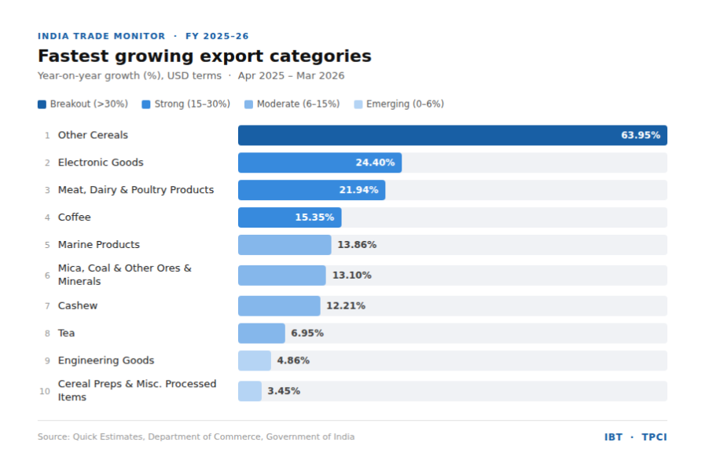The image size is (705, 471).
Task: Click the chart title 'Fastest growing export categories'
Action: [204, 57]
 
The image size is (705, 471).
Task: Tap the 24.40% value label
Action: [375, 162]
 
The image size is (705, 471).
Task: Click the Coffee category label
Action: [74, 217]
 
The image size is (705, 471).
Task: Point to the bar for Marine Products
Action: [285, 245]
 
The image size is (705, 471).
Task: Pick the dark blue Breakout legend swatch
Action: [42, 104]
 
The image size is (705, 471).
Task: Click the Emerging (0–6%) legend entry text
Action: [405, 104]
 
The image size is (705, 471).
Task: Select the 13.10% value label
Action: [351, 276]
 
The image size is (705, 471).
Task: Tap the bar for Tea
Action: [261, 334]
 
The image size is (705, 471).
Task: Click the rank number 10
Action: [45, 391]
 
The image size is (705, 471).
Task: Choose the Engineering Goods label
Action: [106, 361]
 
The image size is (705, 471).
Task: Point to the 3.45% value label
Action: [284, 391]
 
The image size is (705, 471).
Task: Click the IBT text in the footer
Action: [613, 437]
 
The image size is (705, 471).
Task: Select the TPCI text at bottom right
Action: [654, 437]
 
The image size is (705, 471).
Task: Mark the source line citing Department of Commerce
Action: [196, 437]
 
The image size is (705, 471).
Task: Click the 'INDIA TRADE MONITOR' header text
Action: [101, 36]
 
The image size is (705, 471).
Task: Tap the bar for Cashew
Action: [279, 306]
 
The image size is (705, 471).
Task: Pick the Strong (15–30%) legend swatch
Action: [146, 104]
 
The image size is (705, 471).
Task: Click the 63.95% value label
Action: [641, 135]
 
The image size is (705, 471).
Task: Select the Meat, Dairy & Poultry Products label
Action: [136, 190]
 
